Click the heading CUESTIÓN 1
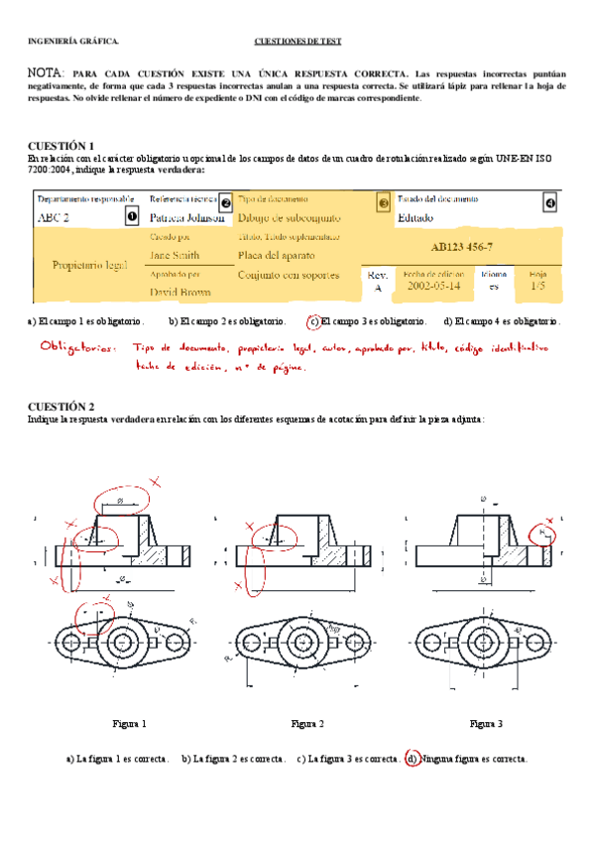pos(61,145)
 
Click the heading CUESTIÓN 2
pos(61,407)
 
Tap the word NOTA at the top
pos(47,74)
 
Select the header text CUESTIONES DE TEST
pos(298,42)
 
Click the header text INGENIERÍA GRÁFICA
pos(73,42)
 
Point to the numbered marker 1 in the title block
pos(131,215)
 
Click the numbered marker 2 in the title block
pos(225,202)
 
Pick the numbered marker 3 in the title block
pos(384,202)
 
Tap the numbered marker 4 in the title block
pos(550,202)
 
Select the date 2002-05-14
pos(433,286)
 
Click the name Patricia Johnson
pos(186,217)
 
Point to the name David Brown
pos(180,293)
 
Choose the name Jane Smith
pos(174,255)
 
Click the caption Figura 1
pos(129,723)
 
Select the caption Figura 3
pos(486,723)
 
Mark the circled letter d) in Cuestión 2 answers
pos(412,759)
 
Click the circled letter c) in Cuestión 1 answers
pos(313,321)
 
